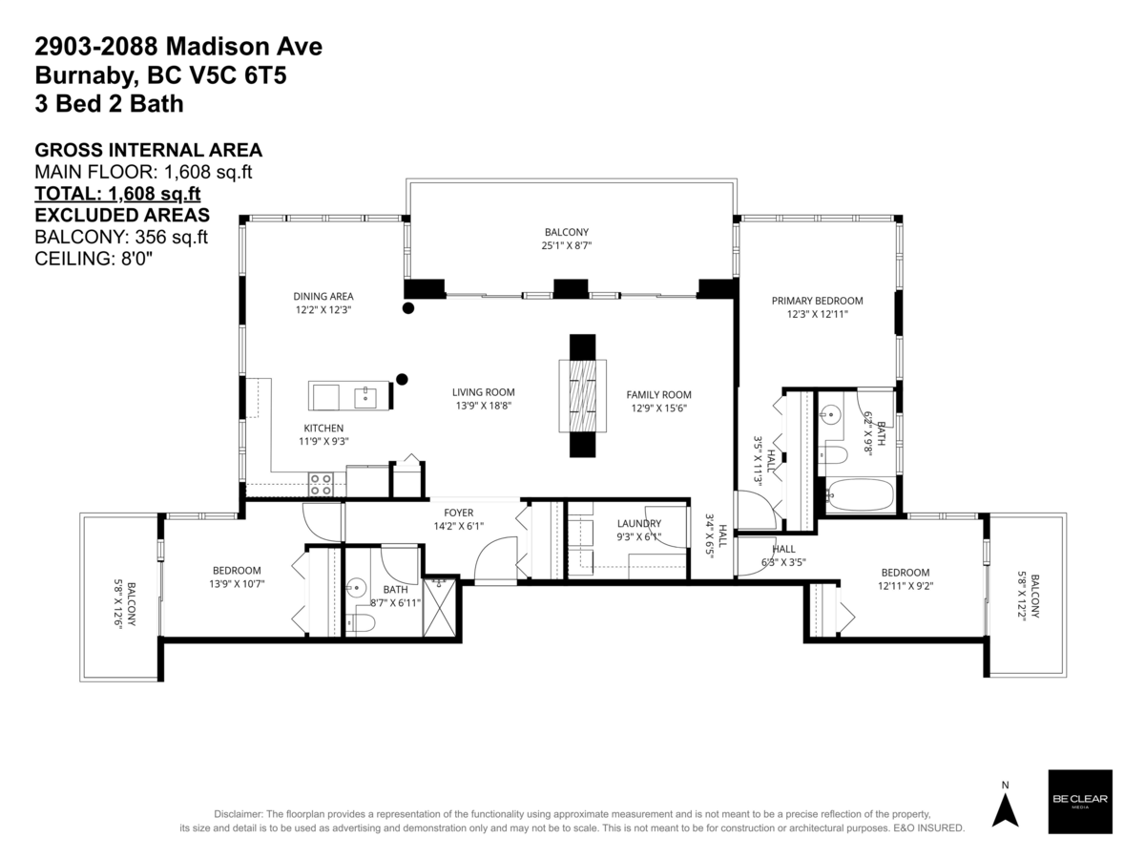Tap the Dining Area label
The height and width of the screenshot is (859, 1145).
323,296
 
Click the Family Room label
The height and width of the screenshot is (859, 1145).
658,394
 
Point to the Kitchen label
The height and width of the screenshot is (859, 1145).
323,428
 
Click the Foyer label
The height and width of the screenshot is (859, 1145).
445,511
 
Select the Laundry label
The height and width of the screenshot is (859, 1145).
638,523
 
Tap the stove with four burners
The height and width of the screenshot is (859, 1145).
321,485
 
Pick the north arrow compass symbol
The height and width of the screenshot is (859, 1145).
1004,807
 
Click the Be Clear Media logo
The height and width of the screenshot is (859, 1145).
1080,801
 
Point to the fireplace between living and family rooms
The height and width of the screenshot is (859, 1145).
582,395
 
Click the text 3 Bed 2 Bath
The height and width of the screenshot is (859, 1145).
109,103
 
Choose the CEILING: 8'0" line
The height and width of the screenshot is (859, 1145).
94,257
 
